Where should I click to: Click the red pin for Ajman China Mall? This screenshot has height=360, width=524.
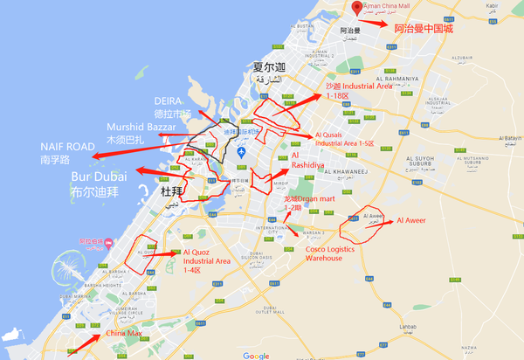coord(356,7)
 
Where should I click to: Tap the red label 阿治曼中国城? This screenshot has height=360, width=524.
coord(424,29)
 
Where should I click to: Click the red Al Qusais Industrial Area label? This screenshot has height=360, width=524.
coord(344,139)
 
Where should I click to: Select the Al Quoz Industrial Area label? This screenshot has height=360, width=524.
coord(206,260)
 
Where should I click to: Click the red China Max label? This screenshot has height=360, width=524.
coord(124,333)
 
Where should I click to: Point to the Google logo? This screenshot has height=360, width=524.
coord(256,355)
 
